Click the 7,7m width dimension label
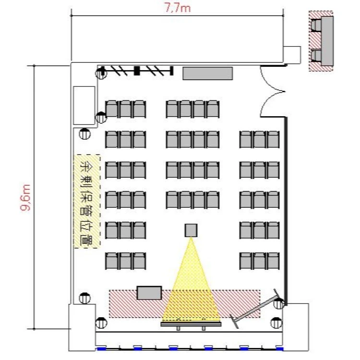click(178, 8)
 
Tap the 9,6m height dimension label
click(25, 197)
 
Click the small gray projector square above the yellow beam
click(191, 230)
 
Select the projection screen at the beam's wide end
click(191, 324)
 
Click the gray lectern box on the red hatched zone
click(149, 293)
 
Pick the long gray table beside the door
click(208, 73)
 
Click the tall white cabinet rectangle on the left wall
click(84, 106)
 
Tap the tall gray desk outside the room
click(327, 41)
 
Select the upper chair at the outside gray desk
click(316, 25)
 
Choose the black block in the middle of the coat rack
click(137, 71)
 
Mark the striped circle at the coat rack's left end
click(101, 73)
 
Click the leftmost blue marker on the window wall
click(101, 349)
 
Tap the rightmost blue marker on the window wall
click(279, 349)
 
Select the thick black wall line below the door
click(286, 211)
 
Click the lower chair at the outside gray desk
click(316, 56)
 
